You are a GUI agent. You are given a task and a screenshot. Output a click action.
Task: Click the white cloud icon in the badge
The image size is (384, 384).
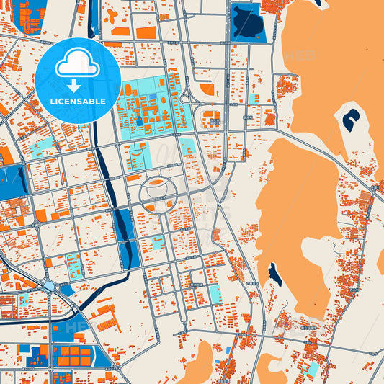tap(77, 65)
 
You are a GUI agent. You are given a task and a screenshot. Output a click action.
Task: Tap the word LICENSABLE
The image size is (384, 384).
tap(77, 102)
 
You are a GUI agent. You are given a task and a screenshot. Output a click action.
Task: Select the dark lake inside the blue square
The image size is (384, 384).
tap(247, 22)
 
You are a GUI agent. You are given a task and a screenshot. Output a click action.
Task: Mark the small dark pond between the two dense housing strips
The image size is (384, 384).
tap(274, 273)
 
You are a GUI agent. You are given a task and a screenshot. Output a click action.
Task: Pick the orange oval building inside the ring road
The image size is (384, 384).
tap(156, 183)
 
